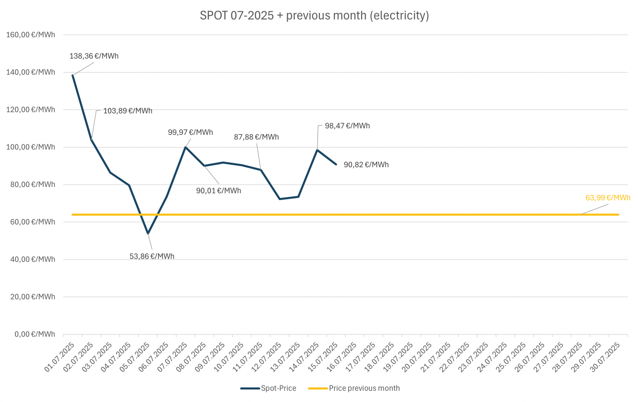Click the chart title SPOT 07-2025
[314, 16]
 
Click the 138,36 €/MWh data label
[94, 56]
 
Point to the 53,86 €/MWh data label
[152, 256]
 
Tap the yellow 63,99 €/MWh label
[608, 198]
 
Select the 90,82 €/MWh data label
[366, 165]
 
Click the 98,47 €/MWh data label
[347, 126]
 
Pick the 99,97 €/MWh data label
[190, 132]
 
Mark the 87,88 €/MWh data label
[256, 137]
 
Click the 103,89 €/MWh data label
[128, 111]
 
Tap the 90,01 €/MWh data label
[218, 191]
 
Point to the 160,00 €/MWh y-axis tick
[31, 35]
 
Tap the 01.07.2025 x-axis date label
[60, 357]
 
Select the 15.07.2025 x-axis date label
[324, 357]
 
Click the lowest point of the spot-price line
[148, 234]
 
